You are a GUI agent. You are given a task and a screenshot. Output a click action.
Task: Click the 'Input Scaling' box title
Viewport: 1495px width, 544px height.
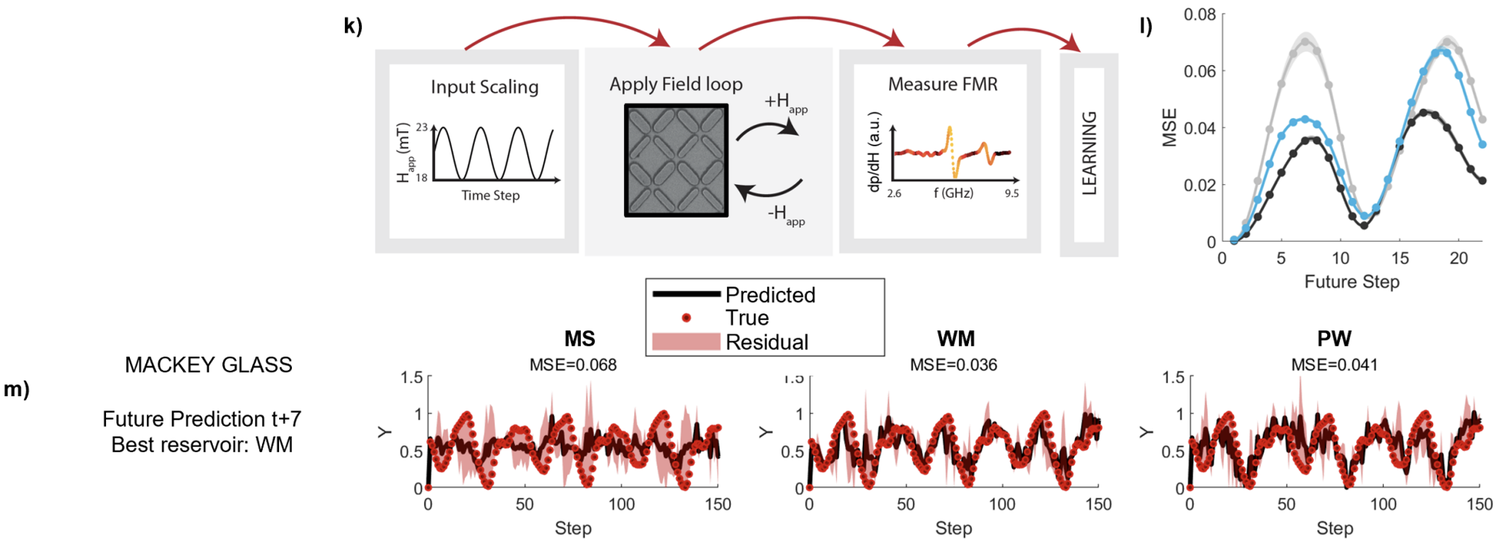[484, 87]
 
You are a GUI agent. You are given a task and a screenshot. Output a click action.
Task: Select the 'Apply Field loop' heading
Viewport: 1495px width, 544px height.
[676, 84]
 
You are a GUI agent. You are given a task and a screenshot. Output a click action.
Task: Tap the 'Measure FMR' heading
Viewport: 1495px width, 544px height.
[943, 84]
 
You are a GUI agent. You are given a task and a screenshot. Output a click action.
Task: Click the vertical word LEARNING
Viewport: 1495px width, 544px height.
[1090, 153]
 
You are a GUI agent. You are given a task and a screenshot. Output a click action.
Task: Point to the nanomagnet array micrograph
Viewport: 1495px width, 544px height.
[676, 160]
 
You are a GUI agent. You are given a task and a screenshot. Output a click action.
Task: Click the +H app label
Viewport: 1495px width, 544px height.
[786, 103]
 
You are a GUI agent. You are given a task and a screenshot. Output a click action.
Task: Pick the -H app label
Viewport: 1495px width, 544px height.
[786, 215]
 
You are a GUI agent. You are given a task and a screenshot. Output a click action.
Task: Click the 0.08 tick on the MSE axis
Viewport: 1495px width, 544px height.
[1199, 15]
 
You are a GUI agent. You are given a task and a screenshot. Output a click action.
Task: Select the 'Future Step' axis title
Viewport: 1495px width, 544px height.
[1352, 282]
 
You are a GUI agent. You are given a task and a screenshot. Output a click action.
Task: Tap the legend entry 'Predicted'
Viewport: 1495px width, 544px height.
[770, 295]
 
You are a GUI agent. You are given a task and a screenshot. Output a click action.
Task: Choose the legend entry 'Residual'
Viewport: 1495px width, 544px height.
[767, 343]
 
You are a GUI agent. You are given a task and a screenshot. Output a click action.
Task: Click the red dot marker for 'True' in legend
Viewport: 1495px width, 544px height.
[686, 318]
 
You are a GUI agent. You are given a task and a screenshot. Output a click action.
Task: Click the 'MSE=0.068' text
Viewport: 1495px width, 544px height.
[573, 365]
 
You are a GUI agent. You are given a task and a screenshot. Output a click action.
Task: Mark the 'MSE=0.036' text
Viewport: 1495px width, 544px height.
[954, 365]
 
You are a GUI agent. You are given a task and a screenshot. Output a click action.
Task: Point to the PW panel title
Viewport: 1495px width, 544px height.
[1335, 339]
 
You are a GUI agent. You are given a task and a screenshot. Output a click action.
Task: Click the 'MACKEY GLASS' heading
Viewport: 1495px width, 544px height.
[208, 365]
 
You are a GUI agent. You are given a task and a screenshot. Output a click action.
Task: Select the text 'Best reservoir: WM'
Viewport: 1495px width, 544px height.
[202, 445]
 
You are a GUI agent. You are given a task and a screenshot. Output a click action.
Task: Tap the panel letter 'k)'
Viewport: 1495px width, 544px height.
[353, 26]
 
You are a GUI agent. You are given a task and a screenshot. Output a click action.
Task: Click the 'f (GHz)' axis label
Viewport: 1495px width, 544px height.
[954, 193]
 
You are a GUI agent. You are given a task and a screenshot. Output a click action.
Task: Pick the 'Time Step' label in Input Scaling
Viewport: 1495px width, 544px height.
[490, 196]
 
